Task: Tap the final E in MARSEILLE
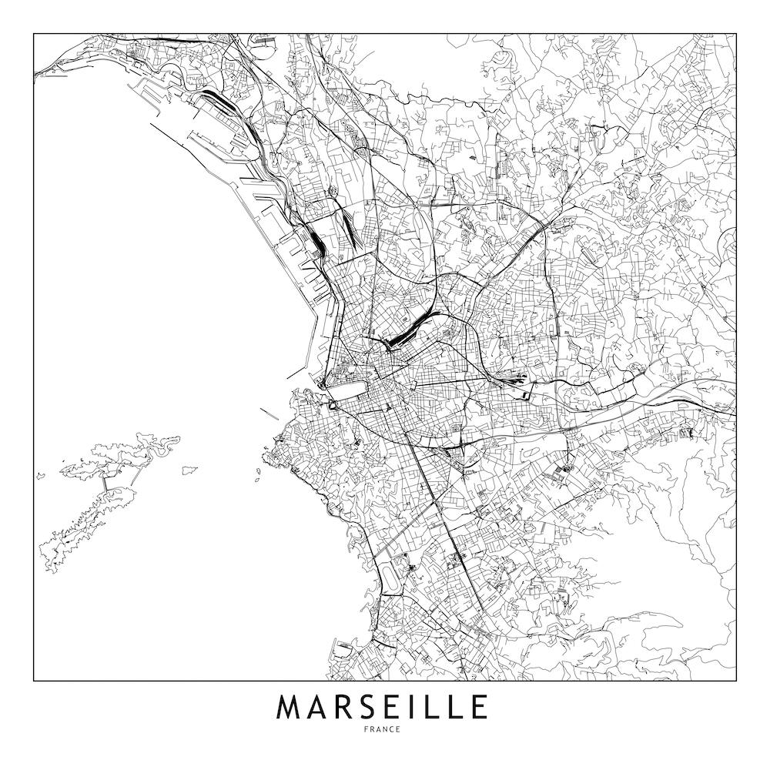(x=480, y=708)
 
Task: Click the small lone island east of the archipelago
(x=189, y=469)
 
